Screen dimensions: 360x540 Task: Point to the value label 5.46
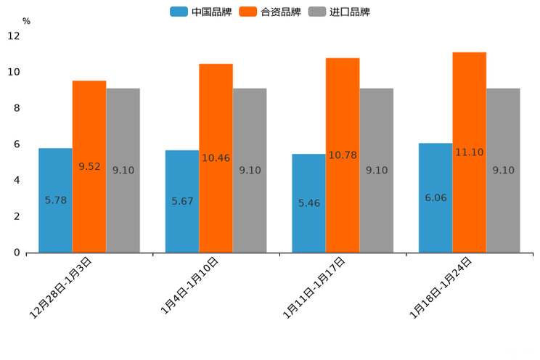pos(308,203)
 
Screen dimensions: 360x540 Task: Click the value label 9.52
pos(89,166)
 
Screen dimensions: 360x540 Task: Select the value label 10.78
pos(343,155)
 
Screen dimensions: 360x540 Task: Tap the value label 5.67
pos(182,201)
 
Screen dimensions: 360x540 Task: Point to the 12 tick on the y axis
pos(14,36)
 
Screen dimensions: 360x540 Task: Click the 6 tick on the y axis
pos(17,144)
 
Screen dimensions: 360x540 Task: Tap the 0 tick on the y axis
pos(17,253)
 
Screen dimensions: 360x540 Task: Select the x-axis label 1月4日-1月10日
pos(189,286)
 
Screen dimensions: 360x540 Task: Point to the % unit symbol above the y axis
pos(26,21)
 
